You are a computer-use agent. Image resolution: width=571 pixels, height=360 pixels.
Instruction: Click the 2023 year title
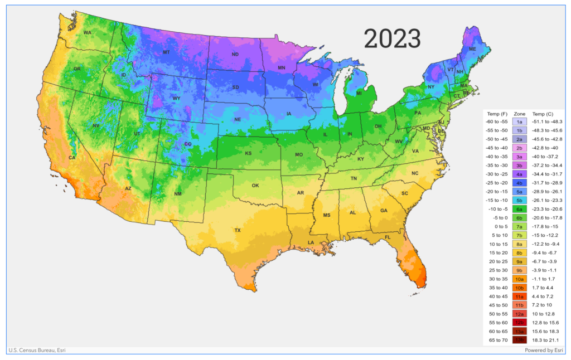coord(392,38)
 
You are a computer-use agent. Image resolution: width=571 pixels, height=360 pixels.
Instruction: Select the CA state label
coord(71,158)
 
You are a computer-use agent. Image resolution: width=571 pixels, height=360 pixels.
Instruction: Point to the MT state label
coord(166,52)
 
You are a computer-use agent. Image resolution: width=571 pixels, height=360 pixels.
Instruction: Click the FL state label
coord(388,237)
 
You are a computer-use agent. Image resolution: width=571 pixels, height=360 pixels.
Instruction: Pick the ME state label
coord(472,49)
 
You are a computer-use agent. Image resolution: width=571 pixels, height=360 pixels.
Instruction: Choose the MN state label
coord(282,69)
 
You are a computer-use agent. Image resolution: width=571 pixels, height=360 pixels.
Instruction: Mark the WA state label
coord(88,33)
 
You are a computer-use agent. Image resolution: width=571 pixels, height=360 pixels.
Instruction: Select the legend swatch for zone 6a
coord(519,209)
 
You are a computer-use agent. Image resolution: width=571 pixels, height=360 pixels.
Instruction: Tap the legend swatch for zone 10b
coord(519,288)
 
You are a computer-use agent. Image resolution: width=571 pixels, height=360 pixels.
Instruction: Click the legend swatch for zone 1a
coord(519,121)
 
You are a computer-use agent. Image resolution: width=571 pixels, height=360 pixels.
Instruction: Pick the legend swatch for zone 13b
coord(519,340)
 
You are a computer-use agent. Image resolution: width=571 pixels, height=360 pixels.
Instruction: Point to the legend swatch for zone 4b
coord(519,183)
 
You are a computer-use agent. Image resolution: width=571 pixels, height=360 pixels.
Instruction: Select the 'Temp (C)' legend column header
coord(543,113)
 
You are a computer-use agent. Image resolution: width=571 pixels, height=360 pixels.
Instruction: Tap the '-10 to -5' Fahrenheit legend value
coord(496,209)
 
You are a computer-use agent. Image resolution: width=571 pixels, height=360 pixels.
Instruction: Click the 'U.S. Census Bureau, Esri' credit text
coord(37,351)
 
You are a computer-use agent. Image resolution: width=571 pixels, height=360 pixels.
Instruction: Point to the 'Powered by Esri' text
coord(543,351)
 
